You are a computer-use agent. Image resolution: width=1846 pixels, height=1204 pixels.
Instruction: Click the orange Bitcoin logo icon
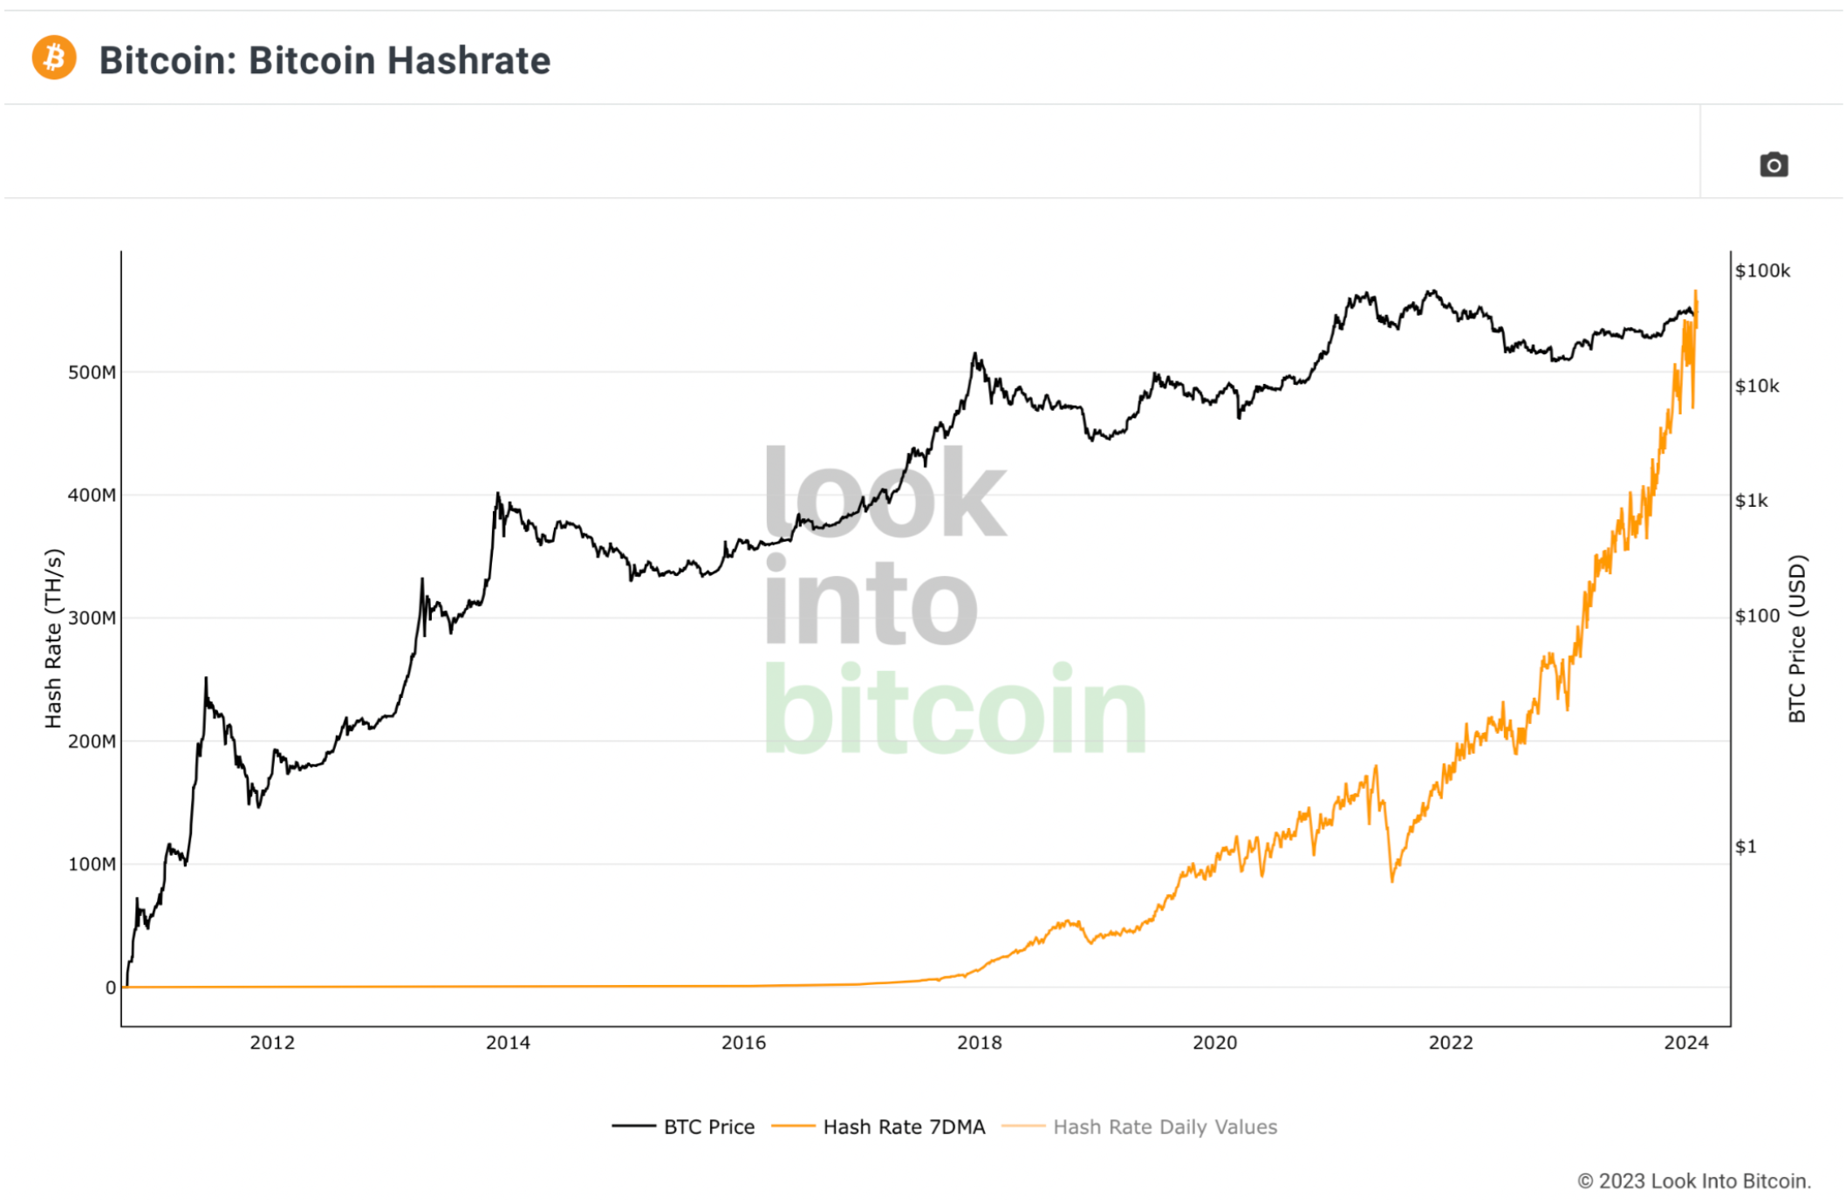pyautogui.click(x=54, y=58)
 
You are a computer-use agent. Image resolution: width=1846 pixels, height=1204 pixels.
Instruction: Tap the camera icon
pyautogui.click(x=1773, y=164)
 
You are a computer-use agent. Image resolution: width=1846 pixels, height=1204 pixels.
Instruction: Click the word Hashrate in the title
pyautogui.click(x=468, y=61)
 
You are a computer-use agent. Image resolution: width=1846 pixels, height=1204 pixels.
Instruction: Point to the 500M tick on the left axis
pyautogui.click(x=92, y=373)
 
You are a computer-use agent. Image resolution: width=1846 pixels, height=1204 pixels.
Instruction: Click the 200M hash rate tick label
pyautogui.click(x=92, y=742)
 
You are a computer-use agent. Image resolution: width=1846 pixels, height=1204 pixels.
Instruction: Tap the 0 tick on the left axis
pyautogui.click(x=111, y=988)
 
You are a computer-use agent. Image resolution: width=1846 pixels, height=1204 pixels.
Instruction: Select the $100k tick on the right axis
pyautogui.click(x=1762, y=270)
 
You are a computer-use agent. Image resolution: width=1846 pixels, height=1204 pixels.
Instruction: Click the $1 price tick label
pyautogui.click(x=1746, y=846)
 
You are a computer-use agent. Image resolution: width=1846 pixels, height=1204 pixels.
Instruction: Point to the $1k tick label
pyautogui.click(x=1752, y=501)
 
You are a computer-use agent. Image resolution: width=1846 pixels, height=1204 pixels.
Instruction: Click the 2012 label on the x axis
pyautogui.click(x=272, y=1043)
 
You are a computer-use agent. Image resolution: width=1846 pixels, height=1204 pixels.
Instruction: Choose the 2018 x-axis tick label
pyautogui.click(x=979, y=1043)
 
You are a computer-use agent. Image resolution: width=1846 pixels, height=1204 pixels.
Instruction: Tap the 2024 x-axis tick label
pyautogui.click(x=1685, y=1043)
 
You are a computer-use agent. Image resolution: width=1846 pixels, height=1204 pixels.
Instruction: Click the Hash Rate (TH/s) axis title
pyautogui.click(x=54, y=639)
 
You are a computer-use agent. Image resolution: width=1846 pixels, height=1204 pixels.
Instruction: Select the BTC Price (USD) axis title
pyautogui.click(x=1797, y=640)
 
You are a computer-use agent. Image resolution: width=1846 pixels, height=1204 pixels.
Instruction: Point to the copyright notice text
pyautogui.click(x=1694, y=1180)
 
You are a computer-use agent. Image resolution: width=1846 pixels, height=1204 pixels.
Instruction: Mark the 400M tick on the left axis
pyautogui.click(x=92, y=496)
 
